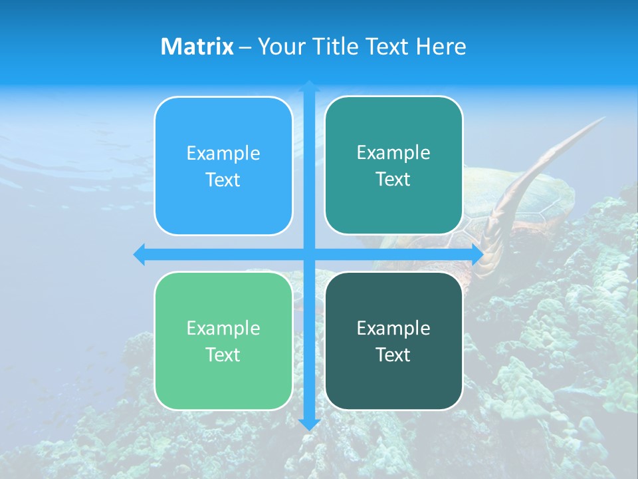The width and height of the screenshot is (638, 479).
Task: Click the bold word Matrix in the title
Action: click(x=197, y=47)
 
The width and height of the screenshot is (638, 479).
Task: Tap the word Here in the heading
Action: click(x=441, y=47)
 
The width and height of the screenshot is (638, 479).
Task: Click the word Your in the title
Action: click(x=282, y=47)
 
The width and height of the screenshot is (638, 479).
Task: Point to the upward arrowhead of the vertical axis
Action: click(x=309, y=86)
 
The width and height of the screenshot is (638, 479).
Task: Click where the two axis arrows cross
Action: click(x=309, y=254)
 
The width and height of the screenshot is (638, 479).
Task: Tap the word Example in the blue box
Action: click(x=223, y=153)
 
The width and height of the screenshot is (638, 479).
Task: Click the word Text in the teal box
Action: click(x=393, y=179)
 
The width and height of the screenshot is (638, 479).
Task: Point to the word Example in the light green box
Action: click(x=223, y=328)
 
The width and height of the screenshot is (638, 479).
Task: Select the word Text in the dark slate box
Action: click(x=393, y=355)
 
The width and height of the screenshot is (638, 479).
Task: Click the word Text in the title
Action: click(x=388, y=47)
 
